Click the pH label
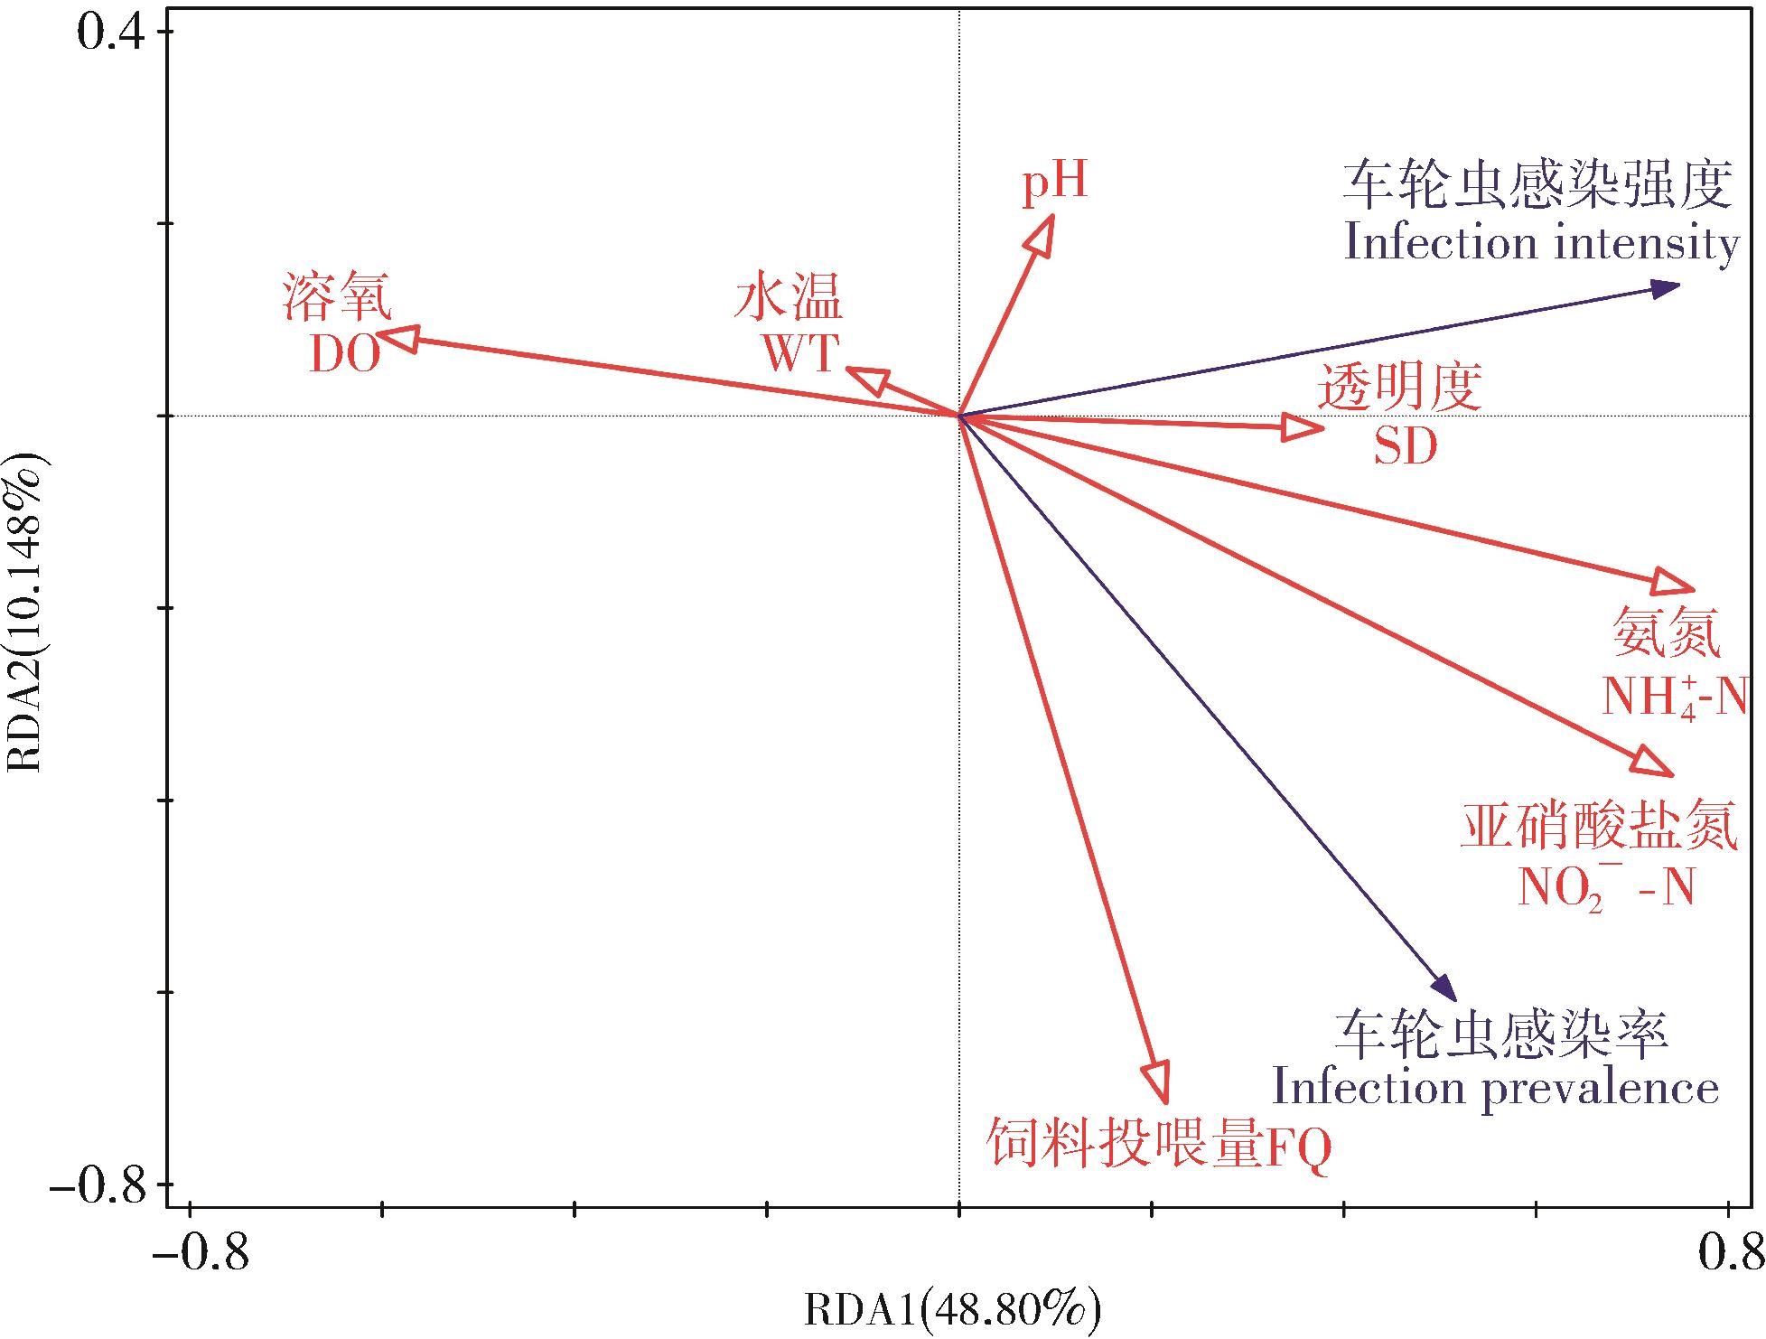click(1055, 182)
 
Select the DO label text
click(344, 356)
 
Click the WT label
click(801, 352)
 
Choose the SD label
click(1405, 446)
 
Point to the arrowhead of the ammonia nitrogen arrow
click(1677, 585)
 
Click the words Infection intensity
click(1541, 244)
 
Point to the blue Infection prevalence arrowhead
click(1446, 989)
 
